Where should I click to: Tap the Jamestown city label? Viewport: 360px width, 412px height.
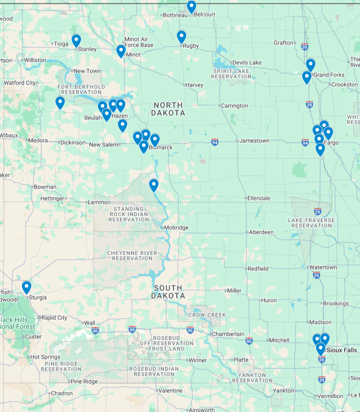[x=254, y=141]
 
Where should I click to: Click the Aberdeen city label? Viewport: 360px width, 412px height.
[x=261, y=232]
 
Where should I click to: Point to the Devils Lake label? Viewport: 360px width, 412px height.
[x=247, y=63]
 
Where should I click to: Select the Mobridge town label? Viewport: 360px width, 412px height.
[x=176, y=228]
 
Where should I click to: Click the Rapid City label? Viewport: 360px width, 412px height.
[x=54, y=318]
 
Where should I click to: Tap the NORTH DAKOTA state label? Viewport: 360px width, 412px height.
[x=168, y=109]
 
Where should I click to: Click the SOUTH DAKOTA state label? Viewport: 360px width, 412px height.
[x=168, y=292]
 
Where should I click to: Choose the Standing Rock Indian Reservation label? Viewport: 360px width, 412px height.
[x=128, y=214]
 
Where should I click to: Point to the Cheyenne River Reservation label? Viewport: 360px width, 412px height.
[x=132, y=256]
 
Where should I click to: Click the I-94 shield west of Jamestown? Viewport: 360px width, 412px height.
[x=215, y=142]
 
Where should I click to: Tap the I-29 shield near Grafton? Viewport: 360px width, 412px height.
[x=304, y=46]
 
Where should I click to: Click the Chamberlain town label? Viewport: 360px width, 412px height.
[x=228, y=334]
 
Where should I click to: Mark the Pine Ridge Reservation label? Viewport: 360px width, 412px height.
[x=61, y=366]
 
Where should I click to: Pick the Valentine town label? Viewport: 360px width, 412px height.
[x=170, y=391]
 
